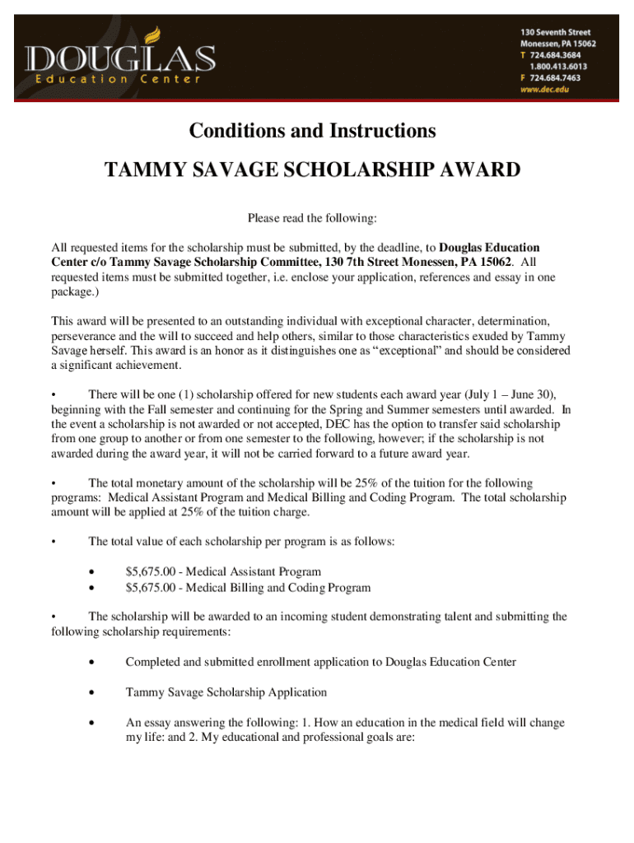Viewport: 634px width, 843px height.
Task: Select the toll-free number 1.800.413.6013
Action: point(555,67)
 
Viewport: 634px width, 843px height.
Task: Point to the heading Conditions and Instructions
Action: point(312,131)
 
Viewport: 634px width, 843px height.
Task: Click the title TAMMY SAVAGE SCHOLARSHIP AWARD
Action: point(312,170)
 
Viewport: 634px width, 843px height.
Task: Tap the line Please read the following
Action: point(312,218)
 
